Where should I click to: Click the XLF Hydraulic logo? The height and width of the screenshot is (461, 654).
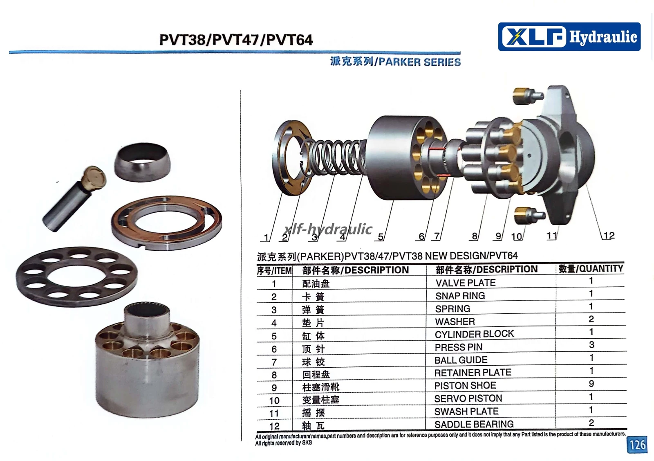click(569, 37)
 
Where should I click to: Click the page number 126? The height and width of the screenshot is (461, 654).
click(637, 445)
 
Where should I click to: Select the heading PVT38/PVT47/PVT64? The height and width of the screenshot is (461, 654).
click(236, 40)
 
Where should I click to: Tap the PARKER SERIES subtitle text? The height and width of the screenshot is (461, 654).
click(420, 62)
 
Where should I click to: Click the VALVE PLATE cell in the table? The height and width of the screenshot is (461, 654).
click(466, 283)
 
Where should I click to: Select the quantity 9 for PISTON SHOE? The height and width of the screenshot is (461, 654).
click(591, 384)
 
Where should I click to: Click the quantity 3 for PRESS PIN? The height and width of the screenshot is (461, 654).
click(591, 345)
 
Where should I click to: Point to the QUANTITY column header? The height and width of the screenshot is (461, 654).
click(591, 268)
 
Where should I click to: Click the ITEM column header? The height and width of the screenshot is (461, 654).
click(274, 271)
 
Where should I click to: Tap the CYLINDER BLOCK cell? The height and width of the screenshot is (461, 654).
click(474, 334)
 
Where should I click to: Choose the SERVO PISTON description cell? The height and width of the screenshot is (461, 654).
click(468, 398)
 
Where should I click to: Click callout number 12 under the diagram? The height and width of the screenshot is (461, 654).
click(609, 236)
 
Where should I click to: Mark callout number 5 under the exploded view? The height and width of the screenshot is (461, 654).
click(381, 236)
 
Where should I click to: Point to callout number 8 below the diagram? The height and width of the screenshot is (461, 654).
click(475, 236)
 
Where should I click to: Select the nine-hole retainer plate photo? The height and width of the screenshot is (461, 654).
click(77, 276)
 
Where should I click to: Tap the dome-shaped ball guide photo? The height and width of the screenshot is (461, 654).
click(142, 162)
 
